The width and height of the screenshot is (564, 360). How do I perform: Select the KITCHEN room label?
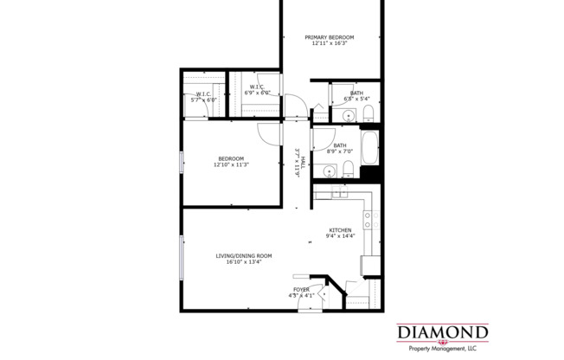[x=338, y=230]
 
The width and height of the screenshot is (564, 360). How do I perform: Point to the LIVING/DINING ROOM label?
[x=244, y=255]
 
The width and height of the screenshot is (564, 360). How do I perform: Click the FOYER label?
[x=301, y=289]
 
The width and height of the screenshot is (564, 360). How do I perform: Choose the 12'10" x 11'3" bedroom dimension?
[x=231, y=164]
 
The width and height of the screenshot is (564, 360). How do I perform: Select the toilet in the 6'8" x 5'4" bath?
[x=368, y=114]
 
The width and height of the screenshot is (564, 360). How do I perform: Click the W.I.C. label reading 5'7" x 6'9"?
[x=203, y=97]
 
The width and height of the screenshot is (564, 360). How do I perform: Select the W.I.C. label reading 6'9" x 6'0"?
[x=260, y=89]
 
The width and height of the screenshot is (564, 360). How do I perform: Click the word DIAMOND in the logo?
[x=442, y=332]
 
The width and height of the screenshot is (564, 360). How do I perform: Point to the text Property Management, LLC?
[x=442, y=348]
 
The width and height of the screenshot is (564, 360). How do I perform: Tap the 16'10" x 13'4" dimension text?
[x=244, y=261]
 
